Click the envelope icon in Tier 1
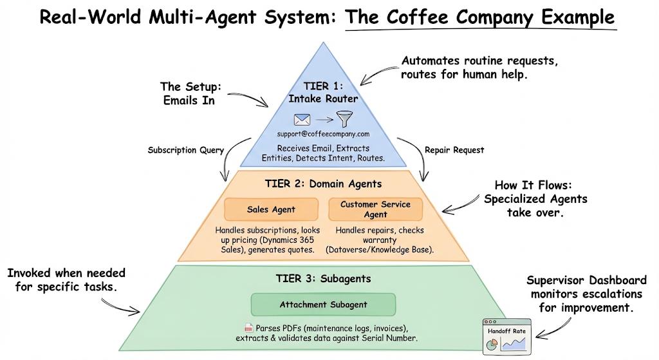(302, 120)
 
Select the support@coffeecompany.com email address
(323, 134)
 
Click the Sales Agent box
(271, 209)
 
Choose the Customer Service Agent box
(375, 209)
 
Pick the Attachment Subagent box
(322, 305)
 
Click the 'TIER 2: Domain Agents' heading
(323, 184)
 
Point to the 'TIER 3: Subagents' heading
(322, 279)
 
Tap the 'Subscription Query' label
(186, 150)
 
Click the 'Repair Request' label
(454, 150)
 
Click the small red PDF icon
(248, 328)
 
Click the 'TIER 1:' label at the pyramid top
(323, 86)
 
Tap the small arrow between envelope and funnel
(323, 120)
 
